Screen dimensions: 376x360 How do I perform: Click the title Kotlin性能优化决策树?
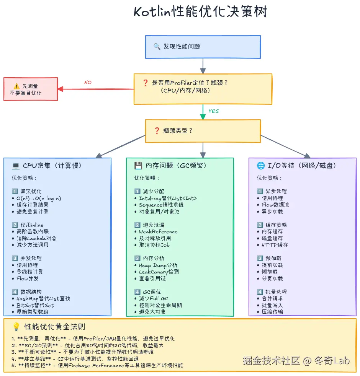pos(200,11)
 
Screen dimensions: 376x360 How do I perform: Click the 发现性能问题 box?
pos(203,47)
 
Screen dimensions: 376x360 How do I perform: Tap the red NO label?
pos(88,82)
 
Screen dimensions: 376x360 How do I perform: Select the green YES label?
pos(213,111)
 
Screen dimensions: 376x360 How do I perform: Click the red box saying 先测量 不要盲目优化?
pos(31,89)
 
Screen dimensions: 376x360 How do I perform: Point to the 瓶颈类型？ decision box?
pos(203,131)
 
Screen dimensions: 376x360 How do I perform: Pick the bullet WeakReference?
pos(158,231)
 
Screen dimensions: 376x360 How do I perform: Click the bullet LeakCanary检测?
pos(159,272)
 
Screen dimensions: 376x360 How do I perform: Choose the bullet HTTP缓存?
pos(275,245)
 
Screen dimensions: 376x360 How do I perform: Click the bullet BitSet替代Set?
pos(35,305)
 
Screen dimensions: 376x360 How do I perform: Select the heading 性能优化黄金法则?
pos(54,327)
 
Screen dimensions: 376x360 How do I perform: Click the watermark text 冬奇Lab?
pos(332,360)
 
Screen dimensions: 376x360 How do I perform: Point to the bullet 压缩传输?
pos(272,312)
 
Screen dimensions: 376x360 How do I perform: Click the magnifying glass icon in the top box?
pos(157,47)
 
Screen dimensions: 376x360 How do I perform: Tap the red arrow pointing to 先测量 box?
pos(96,89)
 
